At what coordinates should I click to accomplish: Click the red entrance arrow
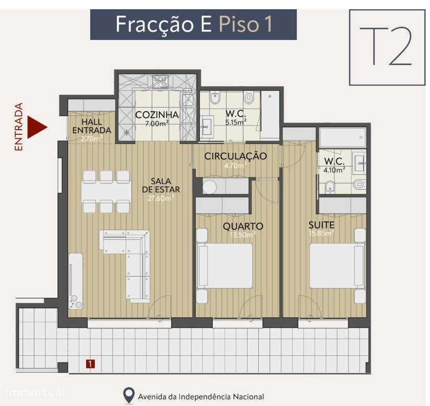36,126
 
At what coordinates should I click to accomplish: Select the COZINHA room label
157,115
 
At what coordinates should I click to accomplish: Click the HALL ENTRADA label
91,126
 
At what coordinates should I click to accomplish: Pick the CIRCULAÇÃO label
235,156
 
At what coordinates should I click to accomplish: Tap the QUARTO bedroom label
243,226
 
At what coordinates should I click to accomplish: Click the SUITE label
321,225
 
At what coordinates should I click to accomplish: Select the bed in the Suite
333,266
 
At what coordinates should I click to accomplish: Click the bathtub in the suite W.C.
342,137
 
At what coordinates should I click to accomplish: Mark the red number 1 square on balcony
90,364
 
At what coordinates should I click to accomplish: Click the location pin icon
129,395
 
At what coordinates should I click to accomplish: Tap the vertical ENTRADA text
19,127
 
